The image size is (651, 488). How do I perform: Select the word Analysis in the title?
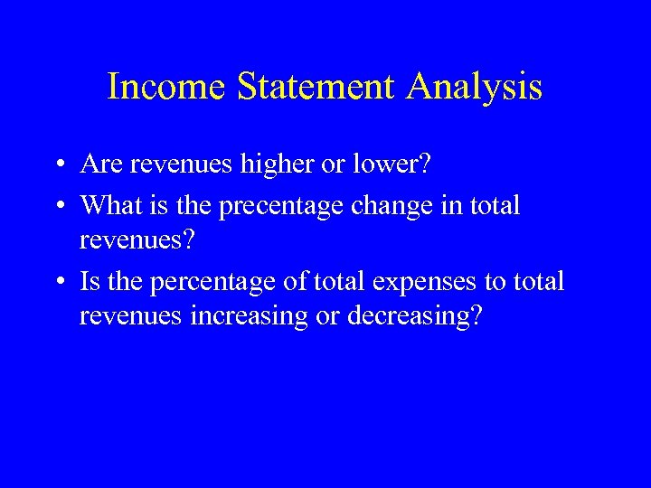coord(475,87)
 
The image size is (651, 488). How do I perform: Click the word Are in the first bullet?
coord(99,164)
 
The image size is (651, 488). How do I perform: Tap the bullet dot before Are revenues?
coord(58,166)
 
